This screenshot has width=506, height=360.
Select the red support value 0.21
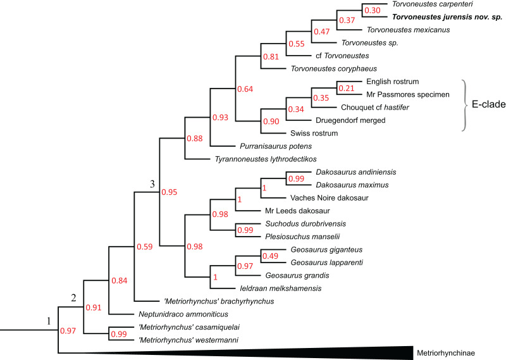point(346,87)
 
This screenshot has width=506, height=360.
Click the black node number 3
point(152,184)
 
